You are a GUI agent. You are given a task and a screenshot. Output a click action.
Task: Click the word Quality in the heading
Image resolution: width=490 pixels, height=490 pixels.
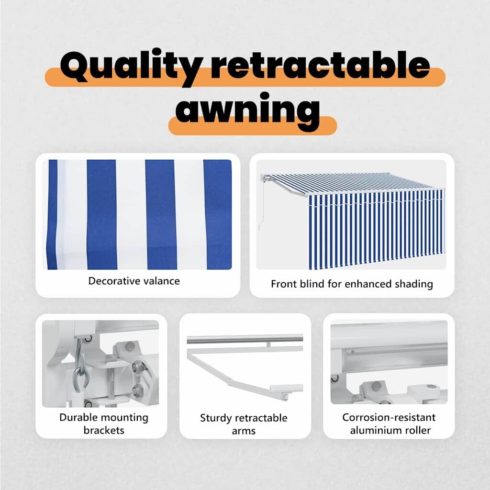(131, 67)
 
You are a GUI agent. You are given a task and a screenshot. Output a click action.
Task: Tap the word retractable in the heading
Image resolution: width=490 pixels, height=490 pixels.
(320, 65)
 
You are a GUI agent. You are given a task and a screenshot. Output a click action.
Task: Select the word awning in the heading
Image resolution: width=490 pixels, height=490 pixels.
(247, 111)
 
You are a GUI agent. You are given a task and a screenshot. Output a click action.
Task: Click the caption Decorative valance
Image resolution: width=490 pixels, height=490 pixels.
(134, 281)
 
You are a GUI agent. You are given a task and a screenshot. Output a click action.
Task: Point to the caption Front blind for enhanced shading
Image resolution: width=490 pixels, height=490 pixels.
(352, 284)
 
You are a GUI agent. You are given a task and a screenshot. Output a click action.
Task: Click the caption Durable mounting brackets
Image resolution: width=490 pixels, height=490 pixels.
(104, 424)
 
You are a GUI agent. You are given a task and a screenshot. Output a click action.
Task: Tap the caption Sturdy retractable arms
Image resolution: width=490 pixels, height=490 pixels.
(244, 424)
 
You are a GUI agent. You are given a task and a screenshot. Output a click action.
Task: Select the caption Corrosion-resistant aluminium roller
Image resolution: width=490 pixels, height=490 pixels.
(389, 424)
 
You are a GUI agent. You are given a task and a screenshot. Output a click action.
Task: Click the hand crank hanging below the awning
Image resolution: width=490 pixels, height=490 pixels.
(261, 206)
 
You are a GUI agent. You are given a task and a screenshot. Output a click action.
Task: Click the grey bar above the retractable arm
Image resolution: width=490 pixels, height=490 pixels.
(245, 339)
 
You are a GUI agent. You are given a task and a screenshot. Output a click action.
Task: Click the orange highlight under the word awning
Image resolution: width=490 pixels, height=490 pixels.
(253, 126)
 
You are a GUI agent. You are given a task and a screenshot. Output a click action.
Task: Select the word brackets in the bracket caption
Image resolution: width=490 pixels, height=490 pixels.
(104, 430)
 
